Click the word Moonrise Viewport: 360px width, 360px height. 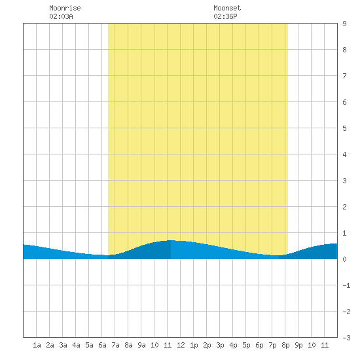click(65, 8)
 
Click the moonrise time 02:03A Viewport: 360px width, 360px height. click(61, 16)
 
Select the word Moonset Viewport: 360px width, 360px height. click(227, 8)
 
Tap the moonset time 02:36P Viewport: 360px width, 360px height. click(225, 16)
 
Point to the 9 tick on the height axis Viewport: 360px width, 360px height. click(344, 24)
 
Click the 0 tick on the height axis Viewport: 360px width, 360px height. click(344, 259)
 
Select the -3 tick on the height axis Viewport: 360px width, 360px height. click(346, 338)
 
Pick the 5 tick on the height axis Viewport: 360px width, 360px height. click(344, 128)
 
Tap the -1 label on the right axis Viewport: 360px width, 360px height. click(346, 285)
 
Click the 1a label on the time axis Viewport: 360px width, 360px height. click(37, 345)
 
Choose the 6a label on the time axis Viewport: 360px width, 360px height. click(102, 345)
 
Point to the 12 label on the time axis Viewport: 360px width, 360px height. click(181, 345)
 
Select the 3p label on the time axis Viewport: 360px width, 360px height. click(220, 345)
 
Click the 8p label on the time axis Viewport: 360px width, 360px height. click(285, 345)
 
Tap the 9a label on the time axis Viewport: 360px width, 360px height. click(141, 345)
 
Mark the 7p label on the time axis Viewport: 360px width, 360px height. click(272, 345)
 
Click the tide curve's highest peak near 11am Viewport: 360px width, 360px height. click(171, 240)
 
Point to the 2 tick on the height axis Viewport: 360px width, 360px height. click(344, 207)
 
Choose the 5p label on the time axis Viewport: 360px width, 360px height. click(246, 345)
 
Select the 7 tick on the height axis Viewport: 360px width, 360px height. click(344, 76)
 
